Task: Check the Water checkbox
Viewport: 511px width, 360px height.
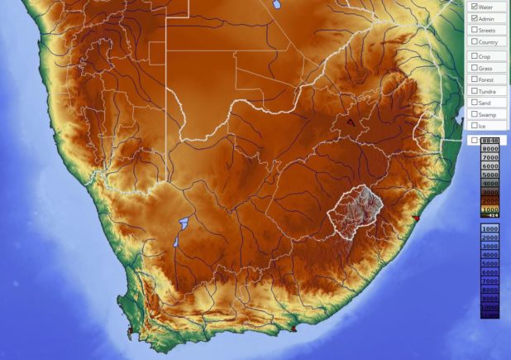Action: coord(474,7)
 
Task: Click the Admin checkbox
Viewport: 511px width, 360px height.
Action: coord(474,18)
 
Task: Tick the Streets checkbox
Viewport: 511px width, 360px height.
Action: coord(474,31)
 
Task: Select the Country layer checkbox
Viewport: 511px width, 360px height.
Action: coord(474,41)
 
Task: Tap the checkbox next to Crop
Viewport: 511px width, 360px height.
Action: coord(474,56)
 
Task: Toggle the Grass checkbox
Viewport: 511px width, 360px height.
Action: coord(474,67)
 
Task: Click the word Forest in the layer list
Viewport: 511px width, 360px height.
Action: coord(486,79)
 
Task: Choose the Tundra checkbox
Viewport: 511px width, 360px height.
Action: coord(474,91)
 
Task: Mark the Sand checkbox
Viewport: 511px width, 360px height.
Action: coord(474,103)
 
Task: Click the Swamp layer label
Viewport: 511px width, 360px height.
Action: coord(488,114)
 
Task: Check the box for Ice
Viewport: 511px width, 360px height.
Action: coord(474,126)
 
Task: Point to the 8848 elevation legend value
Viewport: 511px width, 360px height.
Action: coord(490,140)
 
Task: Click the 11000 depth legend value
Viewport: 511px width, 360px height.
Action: coord(490,315)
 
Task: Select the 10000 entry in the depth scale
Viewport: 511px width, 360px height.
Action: coord(490,308)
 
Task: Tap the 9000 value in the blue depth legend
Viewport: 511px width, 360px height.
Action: coord(490,299)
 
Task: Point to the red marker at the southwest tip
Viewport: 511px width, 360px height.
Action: coord(130,332)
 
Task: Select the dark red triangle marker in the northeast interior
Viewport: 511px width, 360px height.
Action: coord(351,122)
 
